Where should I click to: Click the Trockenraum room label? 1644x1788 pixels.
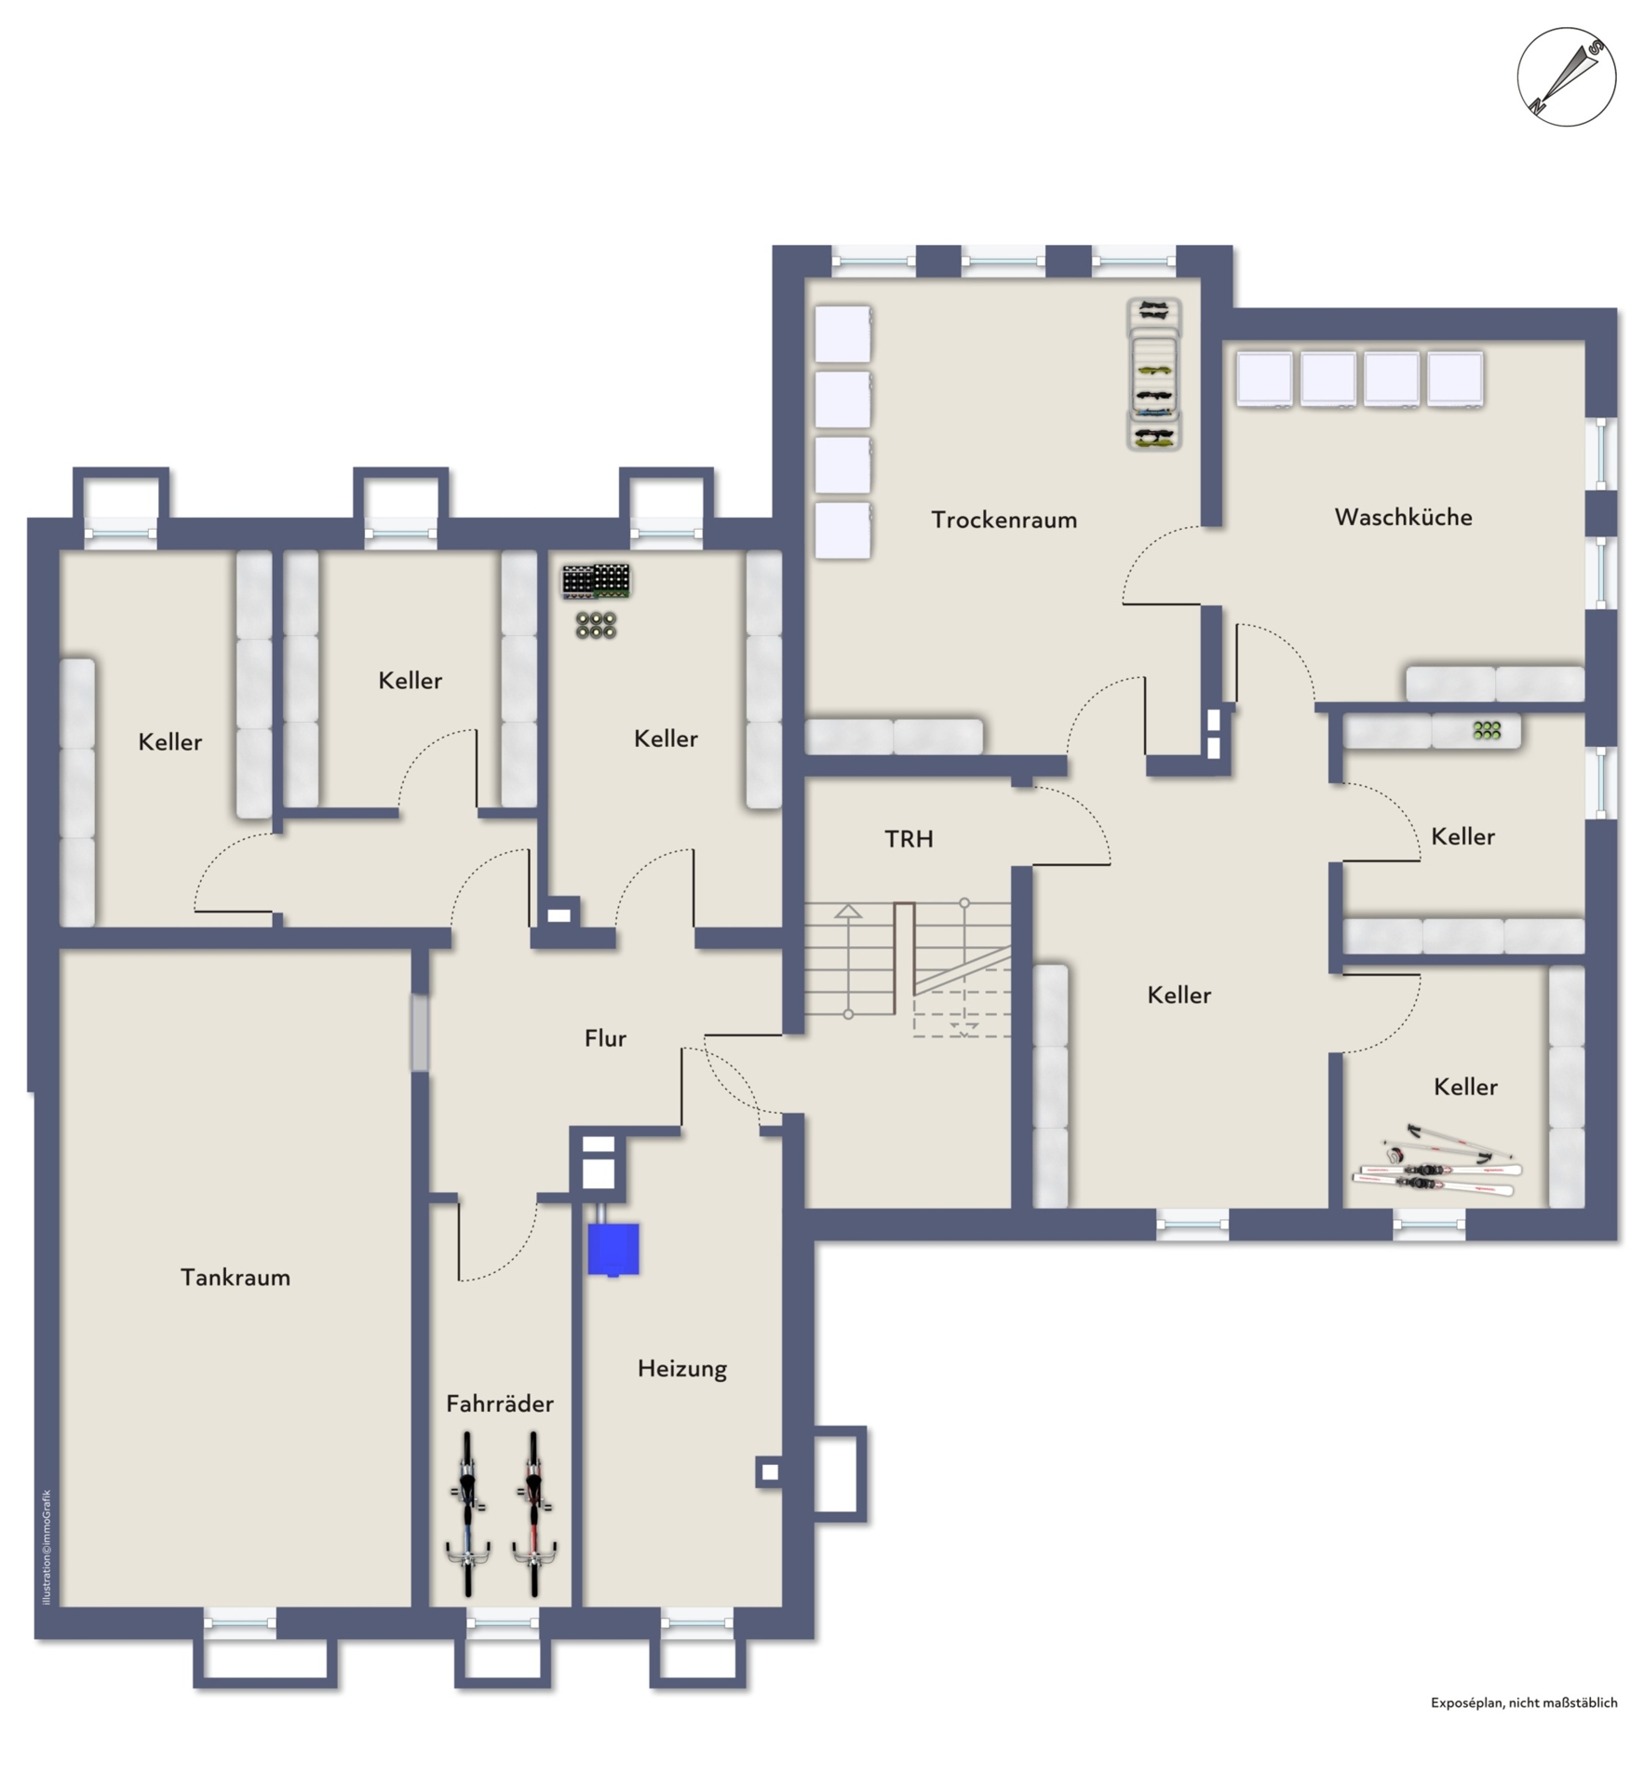point(1004,520)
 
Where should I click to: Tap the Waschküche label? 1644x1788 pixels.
point(1403,517)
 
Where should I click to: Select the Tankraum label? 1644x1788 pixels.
point(236,1277)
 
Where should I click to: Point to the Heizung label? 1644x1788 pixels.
point(682,1369)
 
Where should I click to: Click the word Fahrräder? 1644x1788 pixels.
point(500,1403)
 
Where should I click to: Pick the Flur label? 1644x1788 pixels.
point(605,1038)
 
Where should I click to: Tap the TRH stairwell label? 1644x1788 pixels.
point(909,839)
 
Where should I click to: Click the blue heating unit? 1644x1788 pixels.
point(613,1249)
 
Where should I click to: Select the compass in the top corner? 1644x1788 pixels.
point(1566,76)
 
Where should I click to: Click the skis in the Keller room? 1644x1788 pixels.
point(1437,1162)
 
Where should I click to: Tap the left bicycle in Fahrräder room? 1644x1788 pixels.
point(467,1514)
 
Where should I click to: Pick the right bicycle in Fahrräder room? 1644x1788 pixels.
point(533,1514)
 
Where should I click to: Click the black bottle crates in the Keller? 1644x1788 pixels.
point(596,580)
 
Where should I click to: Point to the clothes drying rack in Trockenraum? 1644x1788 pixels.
point(1154,374)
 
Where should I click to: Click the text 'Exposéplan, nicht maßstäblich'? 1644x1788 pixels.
point(1524,1702)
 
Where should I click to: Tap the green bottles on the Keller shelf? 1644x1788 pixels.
point(1487,730)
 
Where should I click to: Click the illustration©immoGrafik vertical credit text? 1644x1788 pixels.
point(47,1547)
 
